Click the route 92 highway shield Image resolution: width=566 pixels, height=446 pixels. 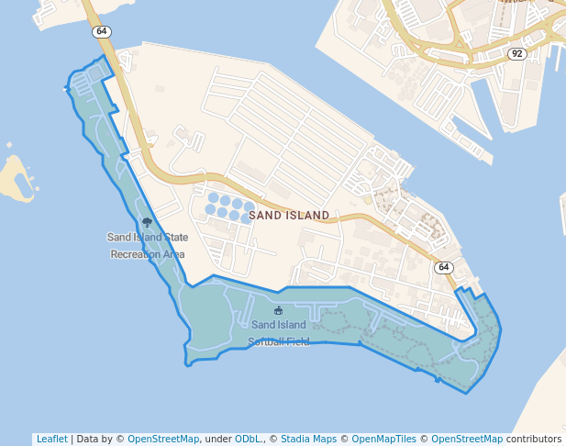coord(516,54)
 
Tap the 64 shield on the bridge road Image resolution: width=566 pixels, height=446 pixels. coord(100,32)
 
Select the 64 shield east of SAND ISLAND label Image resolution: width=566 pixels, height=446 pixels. coord(444,267)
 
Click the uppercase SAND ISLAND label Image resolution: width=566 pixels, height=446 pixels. coord(289,216)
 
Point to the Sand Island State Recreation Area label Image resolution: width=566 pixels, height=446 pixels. coord(148,245)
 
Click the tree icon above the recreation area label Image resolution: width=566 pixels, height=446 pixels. coord(147,222)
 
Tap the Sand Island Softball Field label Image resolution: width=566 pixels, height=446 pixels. coord(278,333)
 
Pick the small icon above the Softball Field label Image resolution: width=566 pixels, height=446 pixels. coord(278,310)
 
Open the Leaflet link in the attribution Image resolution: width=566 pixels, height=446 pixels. coord(51,440)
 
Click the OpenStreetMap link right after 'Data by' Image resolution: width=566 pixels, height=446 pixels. coord(162,440)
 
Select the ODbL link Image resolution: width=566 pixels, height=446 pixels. coord(247,440)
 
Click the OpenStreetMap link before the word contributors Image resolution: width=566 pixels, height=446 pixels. coord(467,440)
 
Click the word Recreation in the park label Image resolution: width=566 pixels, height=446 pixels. coord(135,254)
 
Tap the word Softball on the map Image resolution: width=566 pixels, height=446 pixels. coord(265,342)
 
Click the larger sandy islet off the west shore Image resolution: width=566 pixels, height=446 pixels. coord(16,178)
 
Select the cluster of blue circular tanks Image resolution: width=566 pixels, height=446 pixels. coord(230,208)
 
